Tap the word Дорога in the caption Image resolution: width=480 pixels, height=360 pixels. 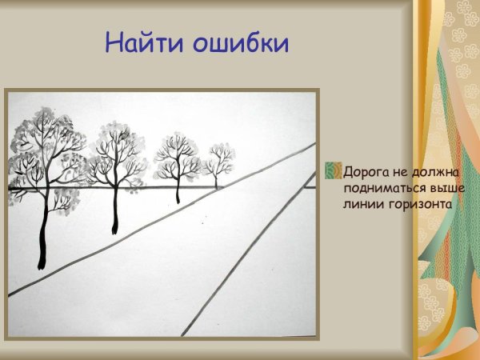[365, 171]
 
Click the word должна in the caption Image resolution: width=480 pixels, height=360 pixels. [430, 171]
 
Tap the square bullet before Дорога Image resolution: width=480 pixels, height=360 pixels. [334, 171]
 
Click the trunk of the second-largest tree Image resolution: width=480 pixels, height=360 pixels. [116, 208]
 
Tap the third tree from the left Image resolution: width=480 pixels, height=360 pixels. [177, 164]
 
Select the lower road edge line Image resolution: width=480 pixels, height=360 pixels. [240, 256]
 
